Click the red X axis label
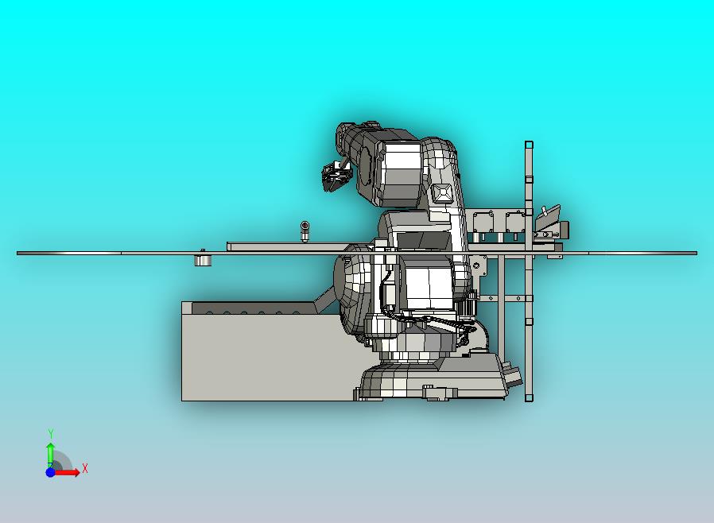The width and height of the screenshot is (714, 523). [85, 468]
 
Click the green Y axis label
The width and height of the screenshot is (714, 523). [51, 433]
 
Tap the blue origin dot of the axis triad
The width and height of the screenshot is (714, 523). [51, 472]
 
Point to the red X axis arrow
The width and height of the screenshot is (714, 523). [67, 472]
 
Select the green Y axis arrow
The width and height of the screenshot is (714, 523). [51, 455]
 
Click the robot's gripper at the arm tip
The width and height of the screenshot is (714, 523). [336, 176]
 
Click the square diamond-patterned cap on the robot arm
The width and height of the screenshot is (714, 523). [441, 193]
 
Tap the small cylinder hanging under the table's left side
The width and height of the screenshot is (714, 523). [203, 260]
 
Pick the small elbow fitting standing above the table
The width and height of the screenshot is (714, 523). [305, 231]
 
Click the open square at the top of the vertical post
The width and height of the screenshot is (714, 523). [529, 145]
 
